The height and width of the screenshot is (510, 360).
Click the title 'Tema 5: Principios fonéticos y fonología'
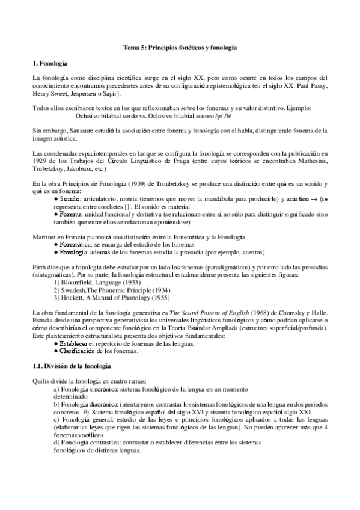point(180,46)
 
